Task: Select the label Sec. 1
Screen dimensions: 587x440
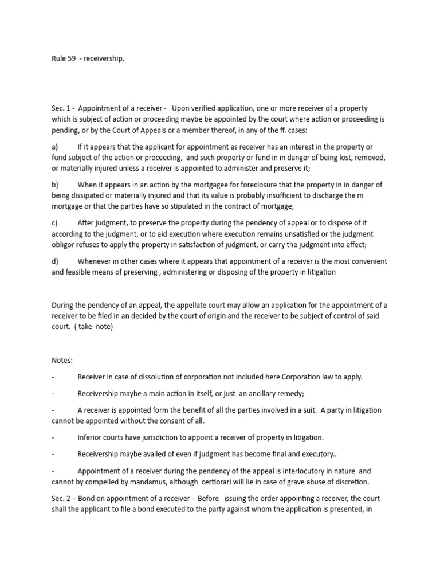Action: click(61, 109)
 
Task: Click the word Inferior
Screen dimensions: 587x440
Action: click(91, 437)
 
